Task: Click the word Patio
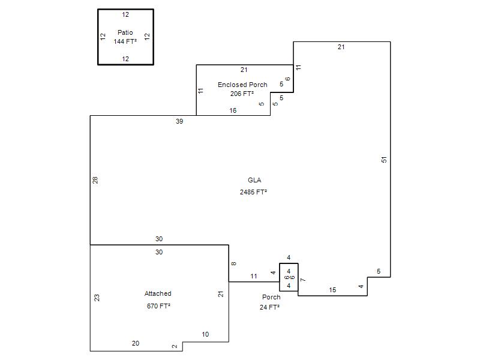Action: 125,32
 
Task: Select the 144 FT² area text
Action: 125,41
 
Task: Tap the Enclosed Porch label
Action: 242,85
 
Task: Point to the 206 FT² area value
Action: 242,94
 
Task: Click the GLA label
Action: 254,180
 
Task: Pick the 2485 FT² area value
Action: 253,192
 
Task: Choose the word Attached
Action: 158,293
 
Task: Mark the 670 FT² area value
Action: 158,306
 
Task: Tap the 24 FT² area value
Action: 269,307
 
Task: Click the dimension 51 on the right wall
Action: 384,160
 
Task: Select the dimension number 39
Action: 179,121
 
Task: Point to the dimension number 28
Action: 95,180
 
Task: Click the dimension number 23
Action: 97,298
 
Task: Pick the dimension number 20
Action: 136,343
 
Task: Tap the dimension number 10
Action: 205,334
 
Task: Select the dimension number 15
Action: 332,290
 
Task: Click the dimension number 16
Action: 233,110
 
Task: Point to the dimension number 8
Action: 233,263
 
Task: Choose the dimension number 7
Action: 303,280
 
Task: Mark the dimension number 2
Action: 175,347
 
